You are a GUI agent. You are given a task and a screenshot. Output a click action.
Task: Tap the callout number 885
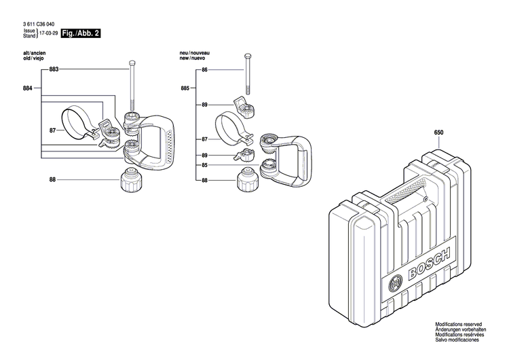(x=185, y=88)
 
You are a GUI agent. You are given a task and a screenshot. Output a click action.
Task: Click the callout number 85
(x=204, y=165)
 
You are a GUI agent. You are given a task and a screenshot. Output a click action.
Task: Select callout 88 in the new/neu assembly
(x=204, y=180)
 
